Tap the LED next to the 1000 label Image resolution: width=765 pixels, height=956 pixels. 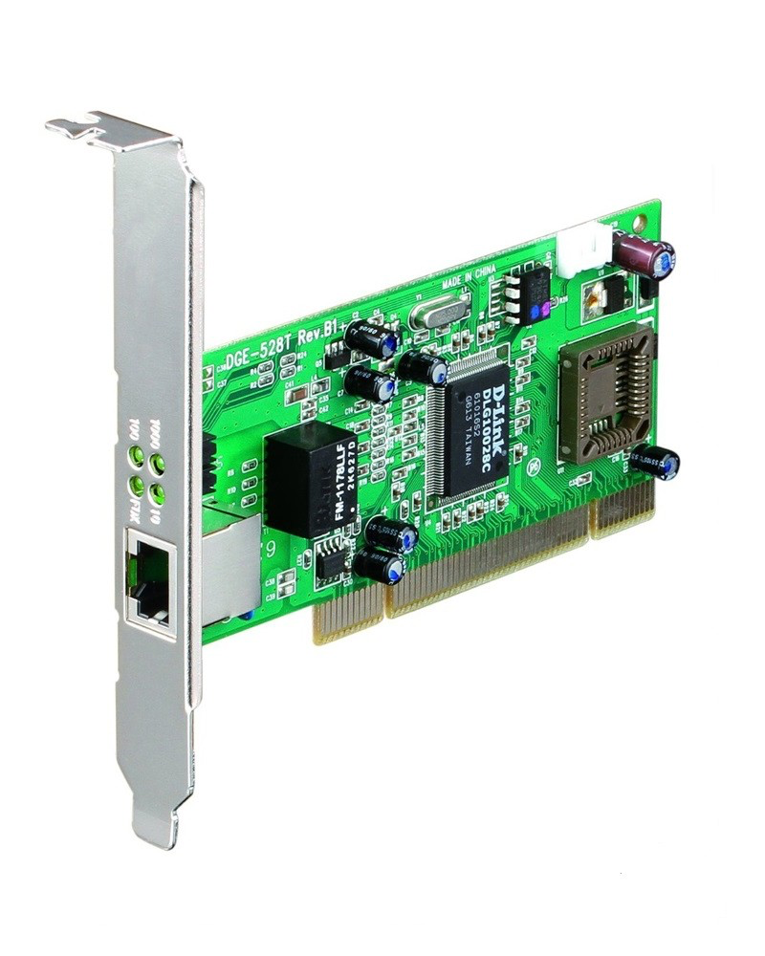pos(158,464)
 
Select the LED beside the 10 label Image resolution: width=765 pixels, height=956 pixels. pos(157,494)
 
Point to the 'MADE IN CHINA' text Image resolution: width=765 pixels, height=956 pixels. pos(468,280)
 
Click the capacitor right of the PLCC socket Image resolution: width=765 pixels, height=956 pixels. pos(659,463)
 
